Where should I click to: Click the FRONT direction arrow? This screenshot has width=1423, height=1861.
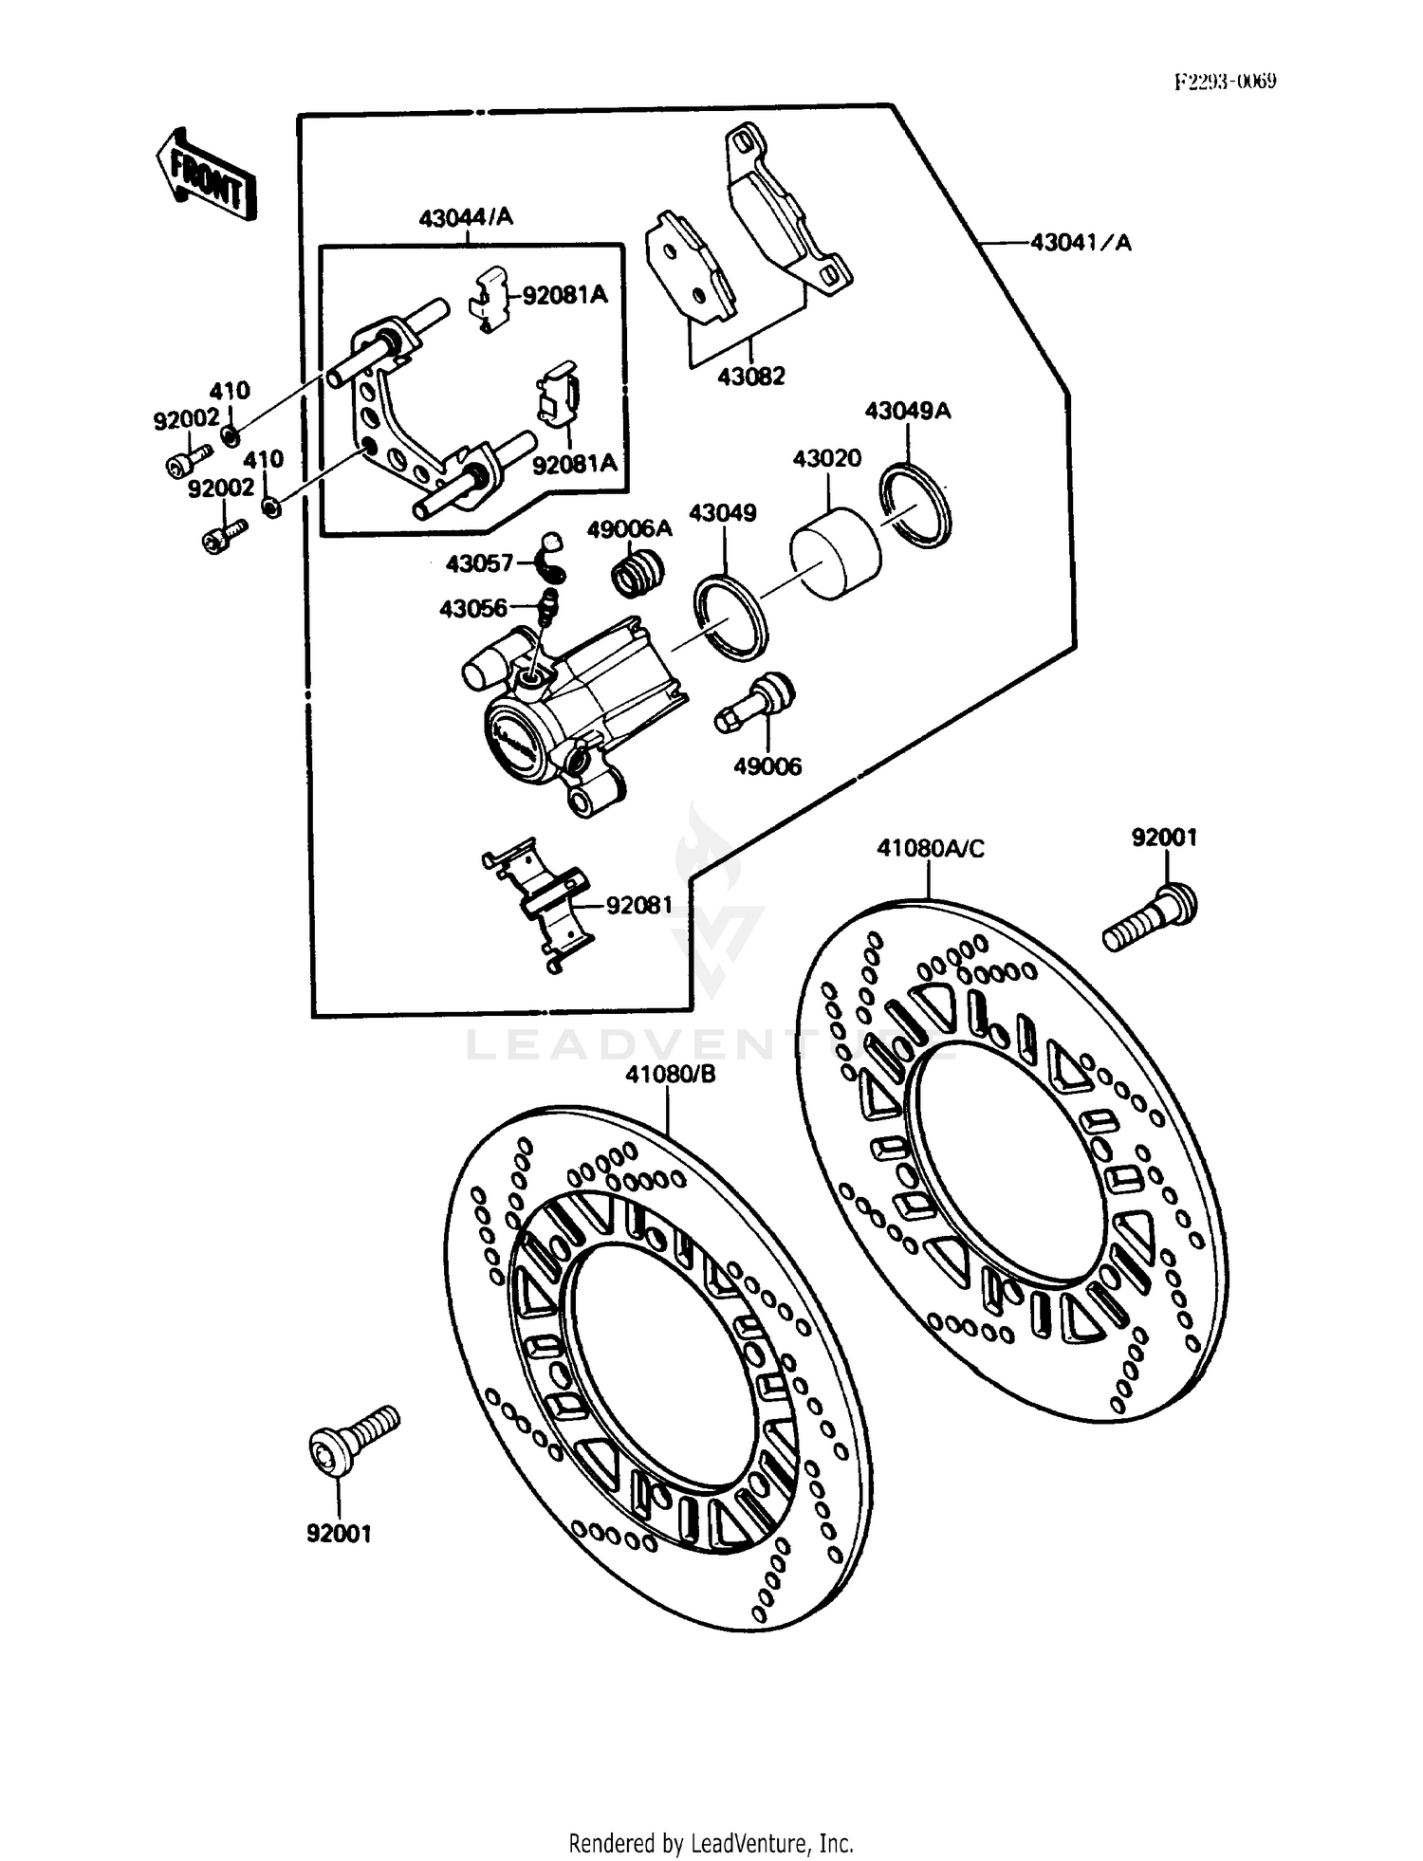point(206,175)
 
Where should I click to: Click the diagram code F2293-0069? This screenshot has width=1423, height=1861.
point(1225,82)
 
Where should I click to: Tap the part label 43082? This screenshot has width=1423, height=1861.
point(751,377)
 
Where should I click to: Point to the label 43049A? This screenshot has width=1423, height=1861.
point(907,411)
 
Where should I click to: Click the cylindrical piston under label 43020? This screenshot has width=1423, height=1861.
point(836,555)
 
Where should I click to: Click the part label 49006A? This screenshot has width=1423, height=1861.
point(629,529)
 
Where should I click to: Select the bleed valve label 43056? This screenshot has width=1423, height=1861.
point(472,608)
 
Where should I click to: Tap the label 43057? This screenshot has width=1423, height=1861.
point(479,563)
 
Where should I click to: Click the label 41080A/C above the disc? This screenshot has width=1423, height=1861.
point(930,848)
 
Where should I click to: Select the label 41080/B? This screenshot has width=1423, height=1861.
point(670,1075)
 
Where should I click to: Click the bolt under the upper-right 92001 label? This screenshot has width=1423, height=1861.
point(1150,916)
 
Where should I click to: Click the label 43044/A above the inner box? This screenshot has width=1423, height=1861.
point(466,217)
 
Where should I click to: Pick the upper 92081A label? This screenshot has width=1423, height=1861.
point(564,294)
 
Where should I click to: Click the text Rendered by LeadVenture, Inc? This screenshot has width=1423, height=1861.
point(711,1843)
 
